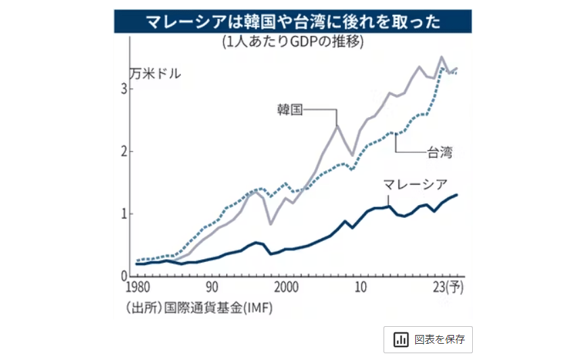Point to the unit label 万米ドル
click(156, 74)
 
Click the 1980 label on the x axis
click(139, 287)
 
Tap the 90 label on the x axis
click(212, 287)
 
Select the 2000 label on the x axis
click(286, 287)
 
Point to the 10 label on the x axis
click(361, 287)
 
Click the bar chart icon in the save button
click(400, 339)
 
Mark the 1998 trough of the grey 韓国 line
click(271, 224)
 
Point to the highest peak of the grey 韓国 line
click(442, 57)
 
